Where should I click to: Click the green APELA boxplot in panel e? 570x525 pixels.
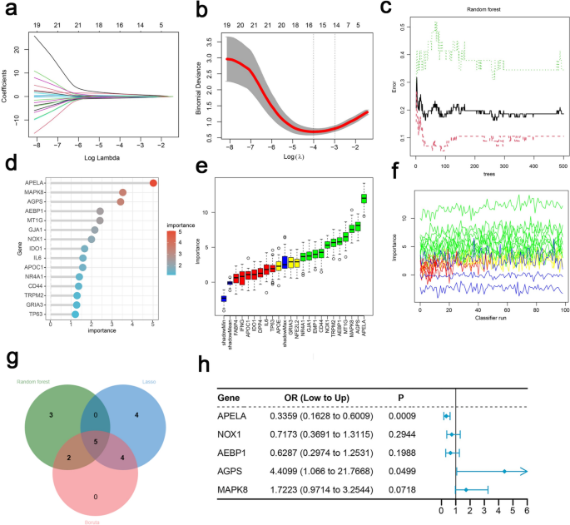(x=363, y=197)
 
